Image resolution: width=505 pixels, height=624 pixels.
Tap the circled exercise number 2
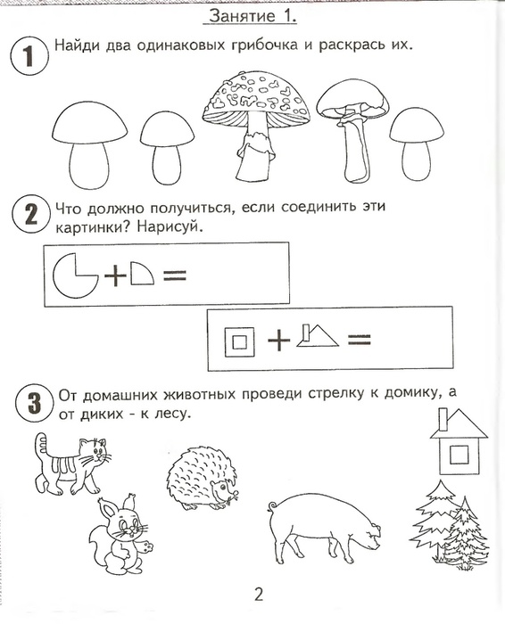click(x=28, y=216)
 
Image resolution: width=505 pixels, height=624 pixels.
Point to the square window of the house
click(x=459, y=456)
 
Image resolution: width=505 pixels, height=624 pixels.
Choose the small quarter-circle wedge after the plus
click(x=141, y=275)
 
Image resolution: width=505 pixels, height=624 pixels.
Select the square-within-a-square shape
click(x=240, y=340)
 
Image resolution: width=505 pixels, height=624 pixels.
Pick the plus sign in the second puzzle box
click(x=278, y=341)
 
